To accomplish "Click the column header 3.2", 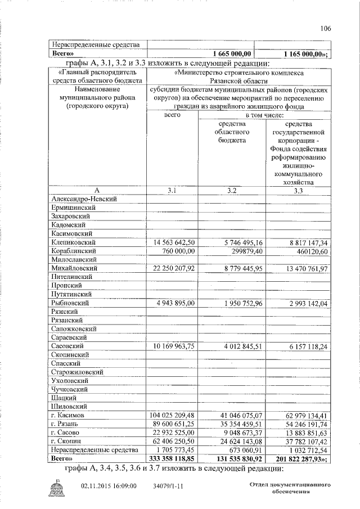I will coord(232,191).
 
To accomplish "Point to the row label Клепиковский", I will coord(73,242).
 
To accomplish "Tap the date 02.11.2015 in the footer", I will coord(96,485).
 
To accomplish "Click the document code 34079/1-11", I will coord(167,485).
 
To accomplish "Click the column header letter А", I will coord(97,191).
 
